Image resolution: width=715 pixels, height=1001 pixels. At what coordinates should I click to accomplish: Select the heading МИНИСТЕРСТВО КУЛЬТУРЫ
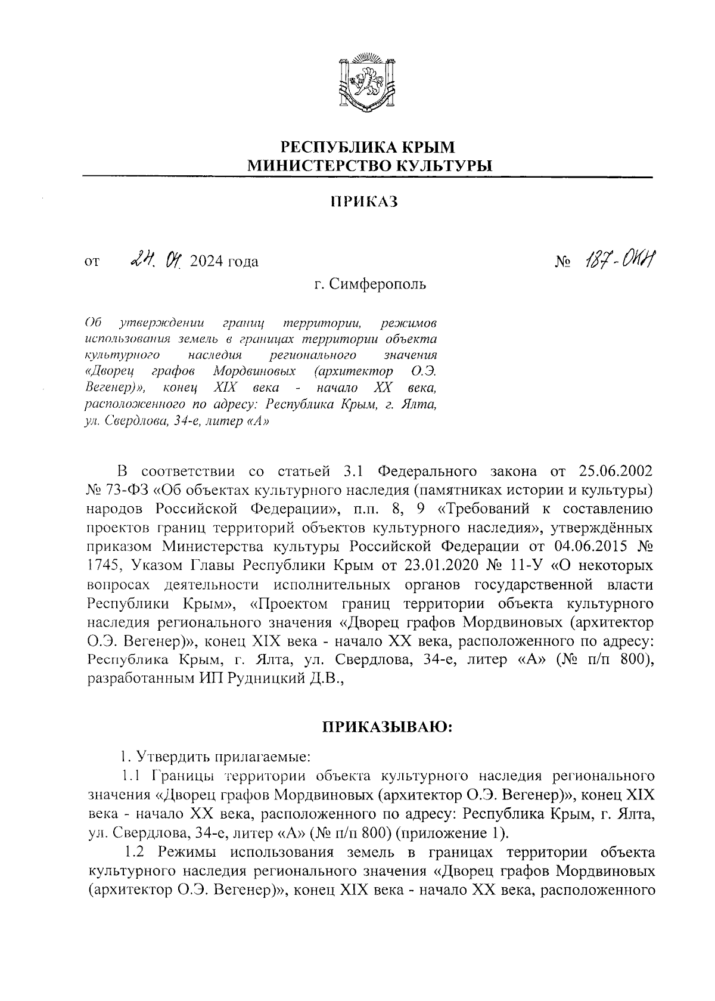(x=369, y=165)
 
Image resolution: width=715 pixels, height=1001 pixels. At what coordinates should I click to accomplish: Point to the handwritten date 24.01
(x=158, y=260)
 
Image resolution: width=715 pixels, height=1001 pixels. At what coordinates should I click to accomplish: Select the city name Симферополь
(x=378, y=284)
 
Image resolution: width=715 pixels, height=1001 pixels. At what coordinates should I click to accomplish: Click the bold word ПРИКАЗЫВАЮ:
(x=387, y=727)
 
